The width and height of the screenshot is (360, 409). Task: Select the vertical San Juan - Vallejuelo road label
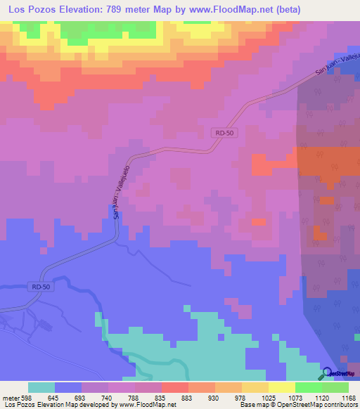(x=120, y=195)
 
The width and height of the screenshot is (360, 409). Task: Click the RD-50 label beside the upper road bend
(x=222, y=132)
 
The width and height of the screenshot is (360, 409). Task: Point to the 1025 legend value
(x=268, y=398)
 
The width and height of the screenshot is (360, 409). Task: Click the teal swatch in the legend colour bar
(x=41, y=387)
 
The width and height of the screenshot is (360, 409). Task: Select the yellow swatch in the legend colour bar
(x=281, y=387)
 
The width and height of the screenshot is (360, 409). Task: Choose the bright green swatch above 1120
(x=308, y=387)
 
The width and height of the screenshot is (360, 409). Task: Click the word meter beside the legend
(x=11, y=398)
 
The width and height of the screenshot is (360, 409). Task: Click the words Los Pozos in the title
(x=31, y=10)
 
